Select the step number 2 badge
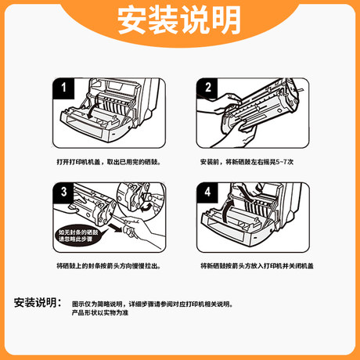pyautogui.click(x=208, y=88)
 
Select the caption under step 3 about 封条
pyautogui.click(x=109, y=266)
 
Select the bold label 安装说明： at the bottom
pyautogui.click(x=37, y=303)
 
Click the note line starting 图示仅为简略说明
pyautogui.click(x=152, y=303)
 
